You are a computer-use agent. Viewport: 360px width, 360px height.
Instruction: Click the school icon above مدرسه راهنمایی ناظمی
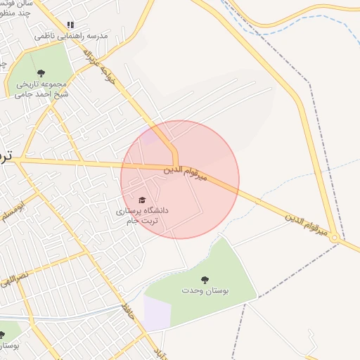coord(70,25)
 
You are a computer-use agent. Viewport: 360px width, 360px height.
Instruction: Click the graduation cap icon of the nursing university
coord(143,200)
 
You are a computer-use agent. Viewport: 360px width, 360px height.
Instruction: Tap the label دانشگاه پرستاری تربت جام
coord(141,215)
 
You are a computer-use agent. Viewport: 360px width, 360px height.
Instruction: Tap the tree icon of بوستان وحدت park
coord(205,281)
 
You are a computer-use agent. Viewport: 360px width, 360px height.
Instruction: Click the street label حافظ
coord(127,309)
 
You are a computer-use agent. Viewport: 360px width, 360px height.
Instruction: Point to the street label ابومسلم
coord(13,212)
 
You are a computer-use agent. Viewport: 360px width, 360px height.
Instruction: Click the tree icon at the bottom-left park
coord(3,334)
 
